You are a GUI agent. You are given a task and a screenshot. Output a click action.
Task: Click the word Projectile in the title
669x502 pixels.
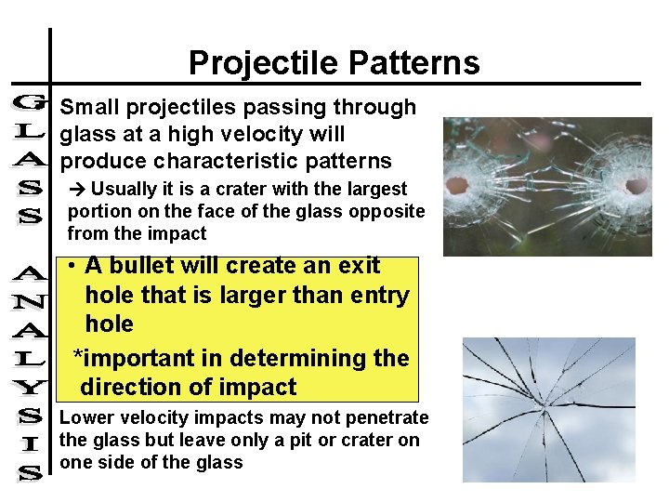point(264,63)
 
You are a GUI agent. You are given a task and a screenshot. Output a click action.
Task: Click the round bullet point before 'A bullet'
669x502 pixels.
point(71,266)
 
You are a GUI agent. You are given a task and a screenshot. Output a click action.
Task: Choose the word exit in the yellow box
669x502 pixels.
point(359,265)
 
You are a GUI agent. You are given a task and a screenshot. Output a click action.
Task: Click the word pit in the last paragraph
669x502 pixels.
point(286,440)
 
